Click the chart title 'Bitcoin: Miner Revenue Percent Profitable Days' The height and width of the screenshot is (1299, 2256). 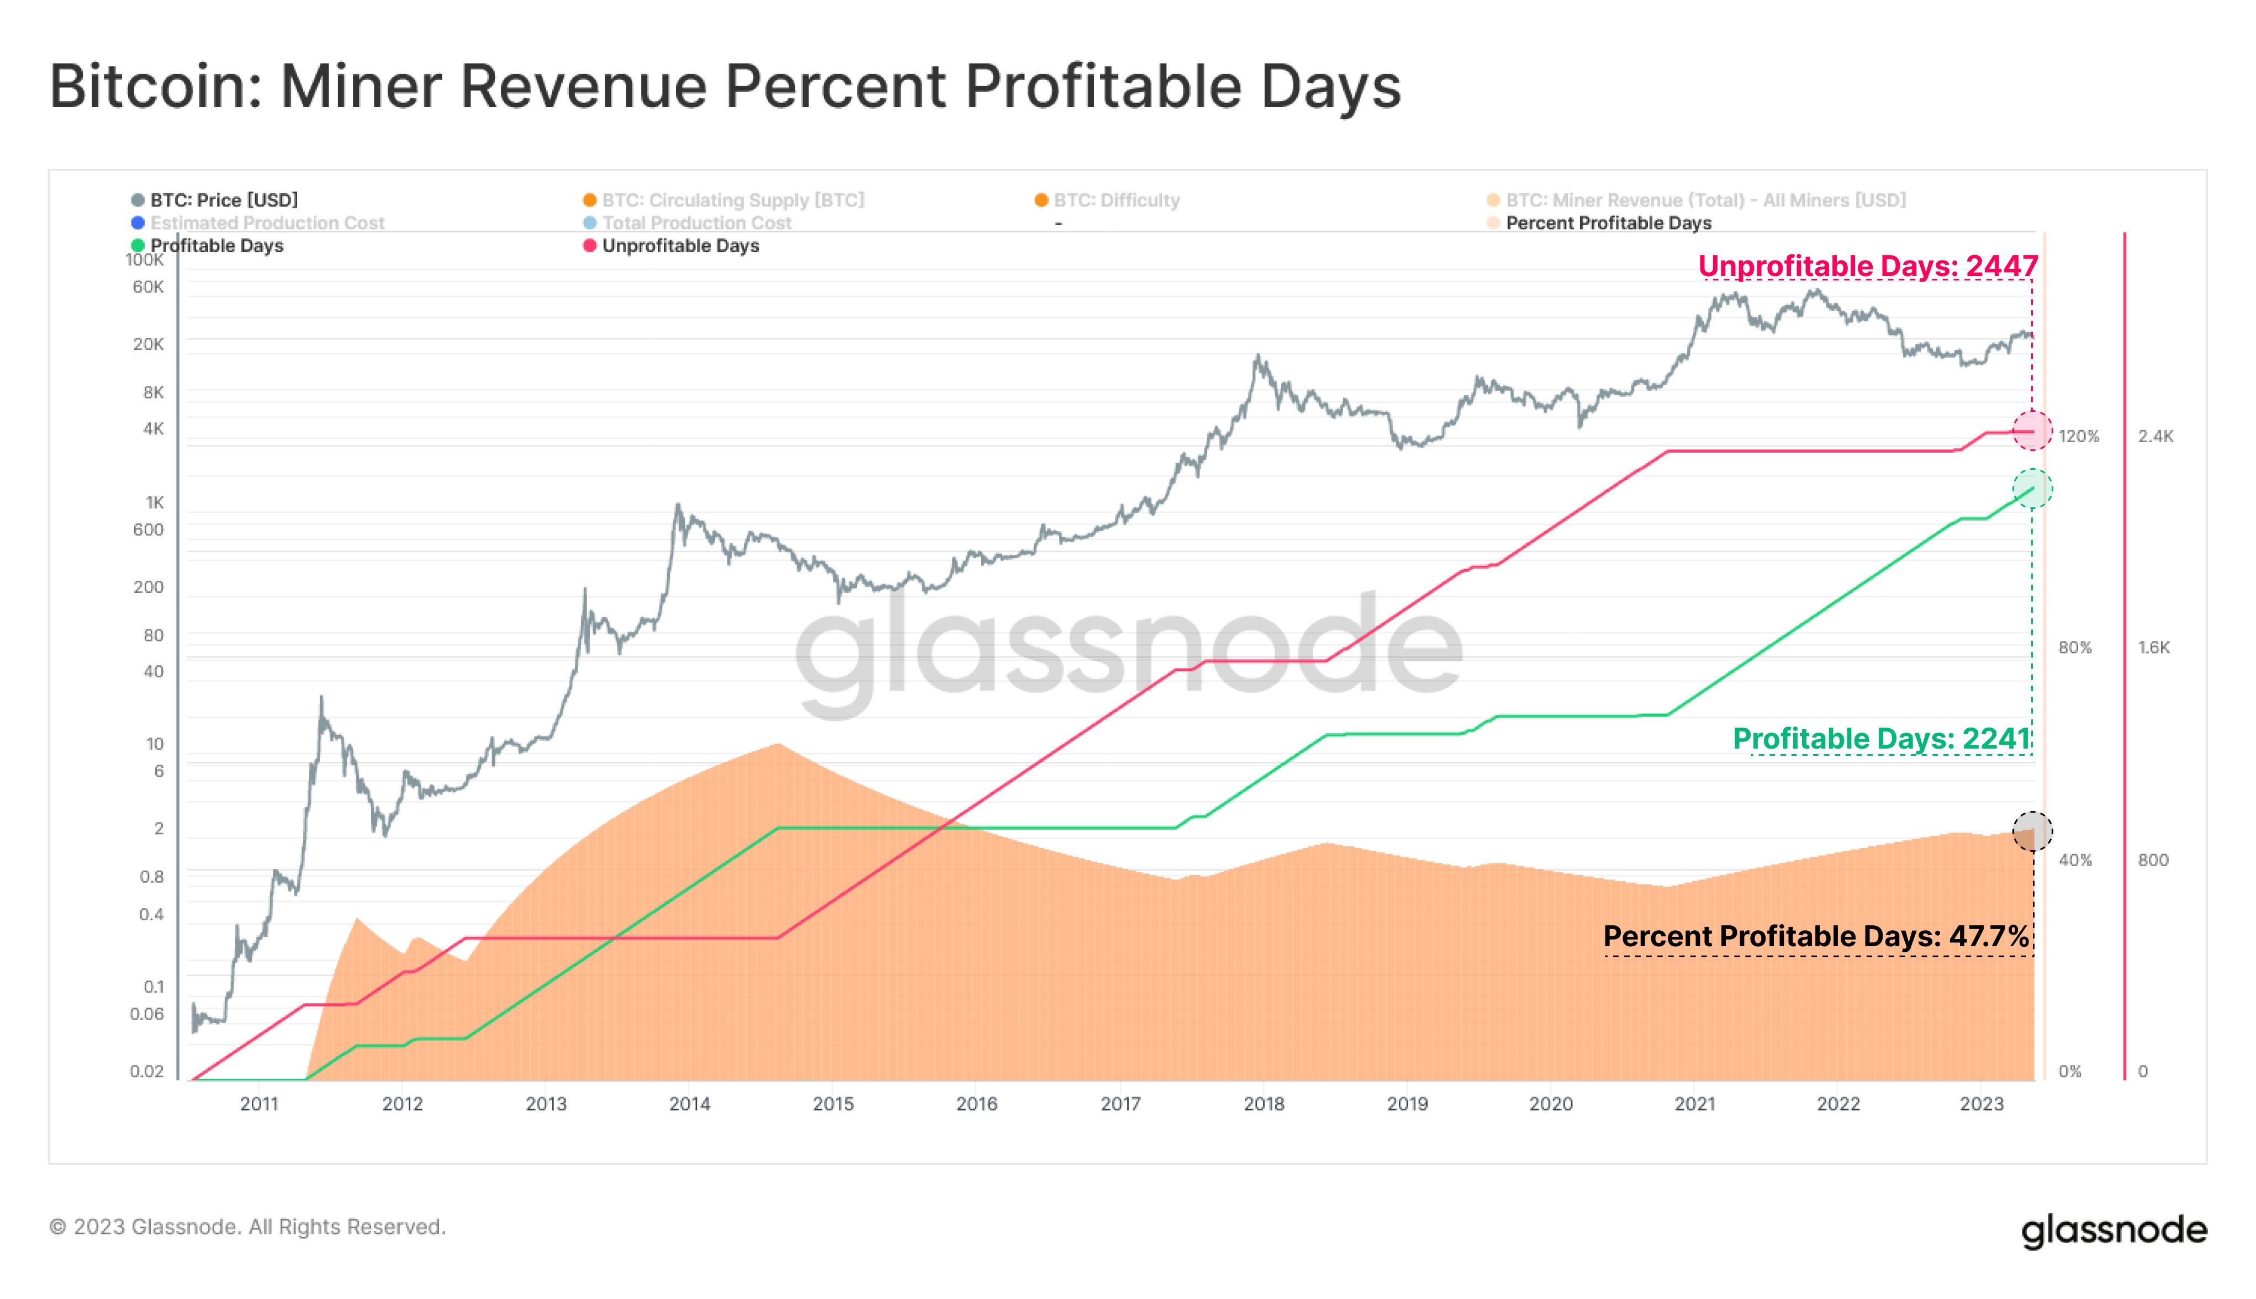pos(725,87)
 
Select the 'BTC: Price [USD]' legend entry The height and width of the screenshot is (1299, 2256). pos(223,200)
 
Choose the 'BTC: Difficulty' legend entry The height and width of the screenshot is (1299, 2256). pos(1116,200)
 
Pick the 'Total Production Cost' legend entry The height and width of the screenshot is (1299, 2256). pos(696,223)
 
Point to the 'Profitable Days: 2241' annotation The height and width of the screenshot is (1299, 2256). pos(1881,739)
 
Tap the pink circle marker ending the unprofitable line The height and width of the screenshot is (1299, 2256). pos(2032,431)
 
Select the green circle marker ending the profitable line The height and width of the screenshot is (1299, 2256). pos(2032,489)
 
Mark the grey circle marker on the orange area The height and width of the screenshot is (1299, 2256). pos(2032,831)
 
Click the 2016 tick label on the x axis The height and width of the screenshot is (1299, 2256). pos(976,1104)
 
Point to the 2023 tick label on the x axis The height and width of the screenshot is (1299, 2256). pos(1981,1104)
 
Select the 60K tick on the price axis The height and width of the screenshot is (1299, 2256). pos(148,287)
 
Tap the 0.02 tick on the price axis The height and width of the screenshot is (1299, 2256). pos(146,1070)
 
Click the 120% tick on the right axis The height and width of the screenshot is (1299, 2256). pos(2078,436)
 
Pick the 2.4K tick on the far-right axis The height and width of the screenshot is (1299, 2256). pos(2155,436)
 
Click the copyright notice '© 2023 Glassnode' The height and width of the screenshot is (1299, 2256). pos(247,1227)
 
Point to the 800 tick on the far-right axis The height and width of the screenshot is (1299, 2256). pos(2153,860)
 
